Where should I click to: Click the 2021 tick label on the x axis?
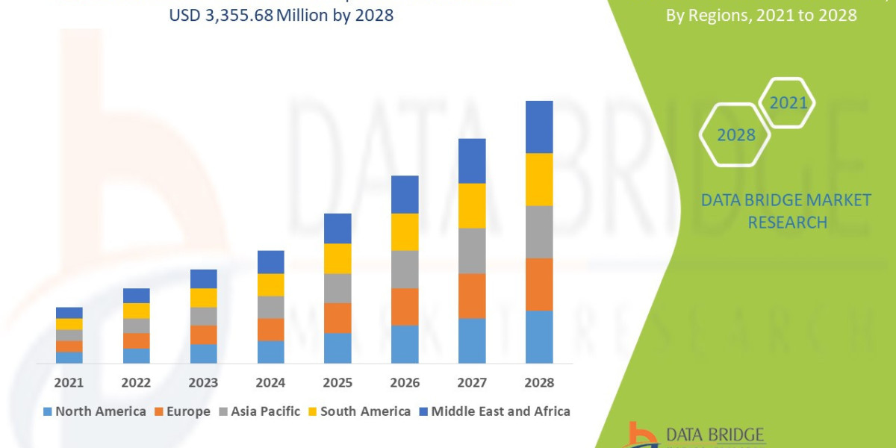[69, 382]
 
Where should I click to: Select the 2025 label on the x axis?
[337, 382]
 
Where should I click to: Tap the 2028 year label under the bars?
[539, 382]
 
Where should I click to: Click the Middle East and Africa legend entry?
[494, 411]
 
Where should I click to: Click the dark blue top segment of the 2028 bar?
[539, 127]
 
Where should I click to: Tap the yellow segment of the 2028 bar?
[539, 179]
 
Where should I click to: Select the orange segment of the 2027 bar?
[472, 296]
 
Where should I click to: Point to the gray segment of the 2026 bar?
[405, 269]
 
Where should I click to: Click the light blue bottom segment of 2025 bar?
[337, 348]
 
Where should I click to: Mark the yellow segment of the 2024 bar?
[270, 284]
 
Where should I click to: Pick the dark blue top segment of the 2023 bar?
[203, 279]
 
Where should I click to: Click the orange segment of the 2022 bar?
[136, 340]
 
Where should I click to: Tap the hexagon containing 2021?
[788, 103]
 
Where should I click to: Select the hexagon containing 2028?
[735, 135]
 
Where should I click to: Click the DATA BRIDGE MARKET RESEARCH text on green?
[786, 211]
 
